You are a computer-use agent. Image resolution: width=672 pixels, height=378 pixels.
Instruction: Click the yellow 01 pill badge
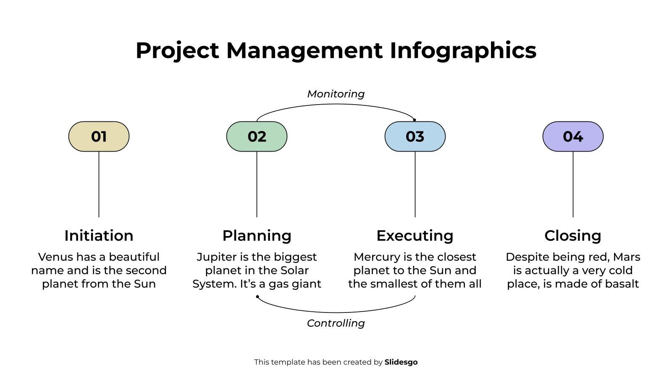click(99, 136)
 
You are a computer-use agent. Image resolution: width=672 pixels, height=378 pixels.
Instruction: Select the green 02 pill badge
click(257, 136)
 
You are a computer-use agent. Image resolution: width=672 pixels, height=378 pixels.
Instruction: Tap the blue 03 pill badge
click(415, 136)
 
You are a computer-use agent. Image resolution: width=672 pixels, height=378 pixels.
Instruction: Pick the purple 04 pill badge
click(573, 136)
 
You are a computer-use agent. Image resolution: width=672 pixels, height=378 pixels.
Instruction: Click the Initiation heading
click(99, 236)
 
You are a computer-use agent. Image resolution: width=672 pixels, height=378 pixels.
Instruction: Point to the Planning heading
click(257, 236)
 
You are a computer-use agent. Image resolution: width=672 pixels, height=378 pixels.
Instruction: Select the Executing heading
click(415, 236)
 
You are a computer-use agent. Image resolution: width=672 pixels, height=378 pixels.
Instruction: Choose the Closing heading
click(573, 236)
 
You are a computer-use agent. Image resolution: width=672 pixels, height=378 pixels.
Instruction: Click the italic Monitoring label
click(336, 94)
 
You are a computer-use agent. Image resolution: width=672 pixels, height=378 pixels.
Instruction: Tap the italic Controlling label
click(336, 323)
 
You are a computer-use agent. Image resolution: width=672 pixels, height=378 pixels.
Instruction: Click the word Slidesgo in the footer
click(401, 362)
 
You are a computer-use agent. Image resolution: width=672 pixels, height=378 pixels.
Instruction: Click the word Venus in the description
click(55, 257)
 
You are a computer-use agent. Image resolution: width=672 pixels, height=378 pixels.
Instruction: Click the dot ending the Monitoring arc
click(415, 120)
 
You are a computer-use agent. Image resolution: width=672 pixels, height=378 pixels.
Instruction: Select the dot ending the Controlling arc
click(257, 297)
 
